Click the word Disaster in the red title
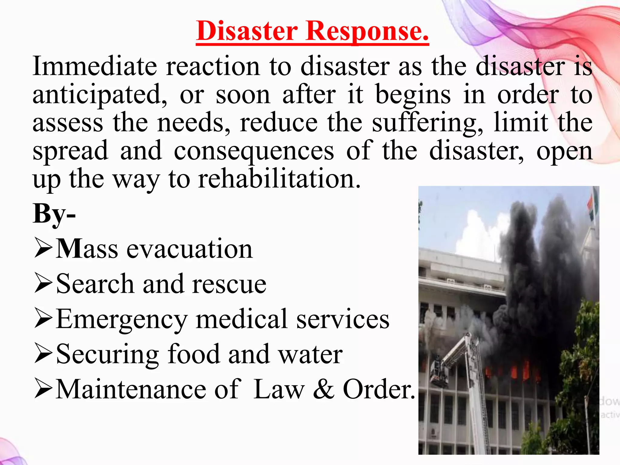click(247, 31)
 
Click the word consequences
click(254, 151)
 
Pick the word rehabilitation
click(279, 179)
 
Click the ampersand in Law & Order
click(323, 389)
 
